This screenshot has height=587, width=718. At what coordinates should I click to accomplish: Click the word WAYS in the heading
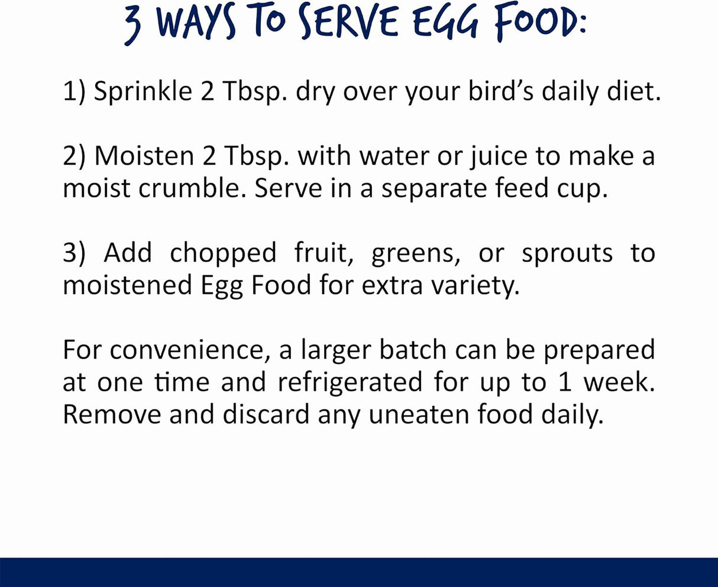tap(196, 21)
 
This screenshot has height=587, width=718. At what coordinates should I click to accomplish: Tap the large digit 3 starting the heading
tap(132, 24)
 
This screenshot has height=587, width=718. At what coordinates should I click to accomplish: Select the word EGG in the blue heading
tap(446, 21)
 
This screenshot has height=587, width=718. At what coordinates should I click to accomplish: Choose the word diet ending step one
tap(634, 91)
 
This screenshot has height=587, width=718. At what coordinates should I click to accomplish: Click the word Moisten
tap(144, 156)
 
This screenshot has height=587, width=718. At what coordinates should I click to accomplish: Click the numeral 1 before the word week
tap(564, 382)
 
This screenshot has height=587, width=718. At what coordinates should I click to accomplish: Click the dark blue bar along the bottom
tap(359, 572)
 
